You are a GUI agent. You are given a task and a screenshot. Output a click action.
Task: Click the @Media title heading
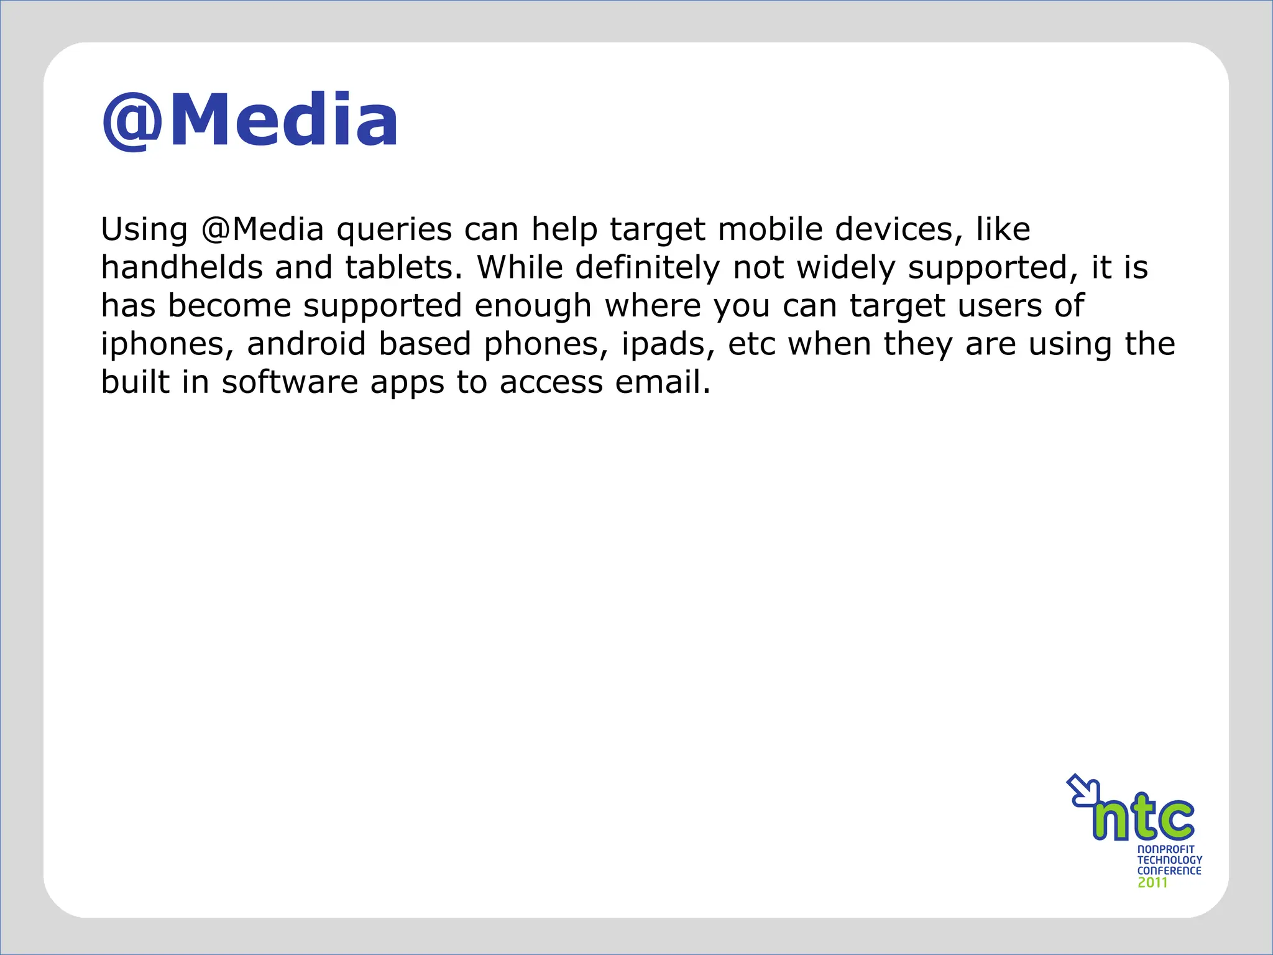pyautogui.click(x=250, y=121)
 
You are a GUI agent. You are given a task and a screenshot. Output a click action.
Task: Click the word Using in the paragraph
pyautogui.click(x=144, y=230)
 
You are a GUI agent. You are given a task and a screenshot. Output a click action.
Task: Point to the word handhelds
pyautogui.click(x=182, y=267)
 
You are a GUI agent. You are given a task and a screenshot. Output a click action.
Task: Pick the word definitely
pyautogui.click(x=647, y=269)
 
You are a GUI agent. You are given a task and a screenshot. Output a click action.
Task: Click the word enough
pyautogui.click(x=533, y=307)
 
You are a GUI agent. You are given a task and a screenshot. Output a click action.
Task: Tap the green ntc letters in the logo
pyautogui.click(x=1144, y=818)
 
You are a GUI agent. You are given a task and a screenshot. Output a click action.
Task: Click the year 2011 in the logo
pyautogui.click(x=1152, y=883)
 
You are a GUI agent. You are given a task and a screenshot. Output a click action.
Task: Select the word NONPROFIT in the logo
pyautogui.click(x=1165, y=849)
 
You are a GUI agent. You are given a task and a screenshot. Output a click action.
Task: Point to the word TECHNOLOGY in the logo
pyautogui.click(x=1169, y=860)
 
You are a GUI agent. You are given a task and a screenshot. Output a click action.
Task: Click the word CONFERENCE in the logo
pyautogui.click(x=1169, y=871)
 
